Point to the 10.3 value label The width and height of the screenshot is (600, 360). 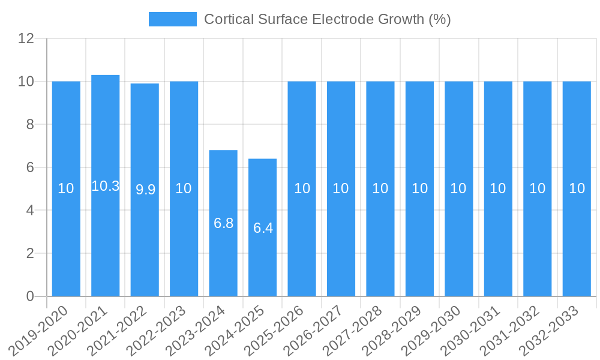click(106, 186)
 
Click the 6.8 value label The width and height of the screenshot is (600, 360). click(223, 223)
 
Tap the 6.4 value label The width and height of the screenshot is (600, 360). click(263, 228)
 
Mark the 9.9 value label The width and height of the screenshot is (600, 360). click(145, 190)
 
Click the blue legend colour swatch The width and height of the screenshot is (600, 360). click(173, 19)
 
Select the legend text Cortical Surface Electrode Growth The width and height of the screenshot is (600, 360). click(327, 19)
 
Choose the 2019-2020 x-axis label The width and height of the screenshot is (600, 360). click(41, 330)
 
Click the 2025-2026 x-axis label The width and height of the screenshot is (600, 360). click(277, 330)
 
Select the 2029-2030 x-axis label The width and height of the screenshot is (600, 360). click(434, 330)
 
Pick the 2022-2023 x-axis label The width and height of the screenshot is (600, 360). click(159, 330)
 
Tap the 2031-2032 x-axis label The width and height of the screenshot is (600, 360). click(512, 330)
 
